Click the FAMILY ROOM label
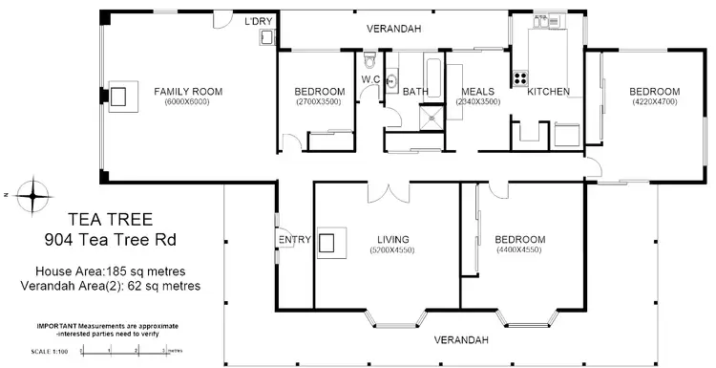click(x=188, y=92)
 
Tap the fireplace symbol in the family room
click(x=119, y=95)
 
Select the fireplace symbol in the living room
click(x=330, y=242)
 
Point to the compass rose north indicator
click(x=33, y=195)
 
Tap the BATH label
click(x=415, y=92)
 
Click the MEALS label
click(x=478, y=92)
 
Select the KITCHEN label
click(x=548, y=92)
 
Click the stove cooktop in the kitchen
click(x=522, y=79)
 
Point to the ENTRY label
click(x=291, y=240)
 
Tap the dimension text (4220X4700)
click(x=654, y=101)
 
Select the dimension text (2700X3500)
click(x=319, y=101)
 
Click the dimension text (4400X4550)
click(x=519, y=249)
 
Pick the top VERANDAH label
click(x=394, y=30)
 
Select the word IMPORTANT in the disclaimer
click(x=57, y=325)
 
